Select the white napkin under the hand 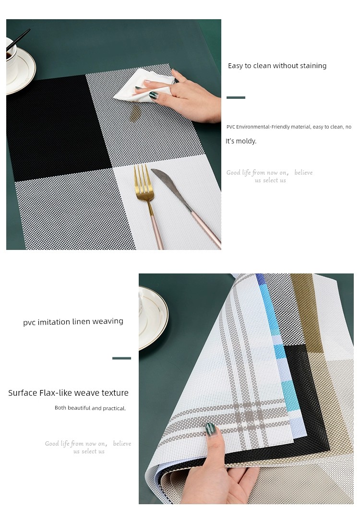(x=143, y=85)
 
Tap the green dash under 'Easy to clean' (x=236, y=97)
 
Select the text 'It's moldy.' (x=241, y=141)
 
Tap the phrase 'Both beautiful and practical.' (x=90, y=408)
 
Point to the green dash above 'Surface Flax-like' (x=121, y=358)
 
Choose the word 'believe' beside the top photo (x=303, y=173)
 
